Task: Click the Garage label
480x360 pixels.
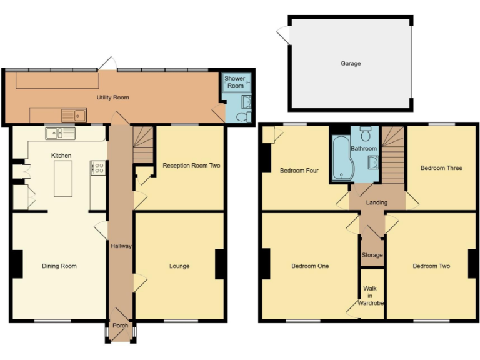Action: pos(351,63)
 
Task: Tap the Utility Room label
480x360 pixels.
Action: pos(112,97)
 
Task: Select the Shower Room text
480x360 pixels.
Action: pos(234,82)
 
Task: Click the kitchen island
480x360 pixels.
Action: pos(63,178)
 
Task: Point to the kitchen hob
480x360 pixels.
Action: pos(98,167)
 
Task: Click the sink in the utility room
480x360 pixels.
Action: pos(73,115)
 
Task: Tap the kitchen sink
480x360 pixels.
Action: pos(59,133)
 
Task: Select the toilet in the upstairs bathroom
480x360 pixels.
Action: pos(366,133)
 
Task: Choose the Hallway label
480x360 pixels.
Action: pos(121,246)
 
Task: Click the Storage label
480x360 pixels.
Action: pos(372,255)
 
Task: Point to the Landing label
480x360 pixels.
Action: pos(377,202)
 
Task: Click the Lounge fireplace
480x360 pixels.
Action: pos(219,264)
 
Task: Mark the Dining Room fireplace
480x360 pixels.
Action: pos(17,264)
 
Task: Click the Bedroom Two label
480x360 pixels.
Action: pos(431,266)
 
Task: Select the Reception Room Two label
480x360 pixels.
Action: pos(191,166)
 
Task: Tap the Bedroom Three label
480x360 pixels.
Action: pos(441,168)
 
